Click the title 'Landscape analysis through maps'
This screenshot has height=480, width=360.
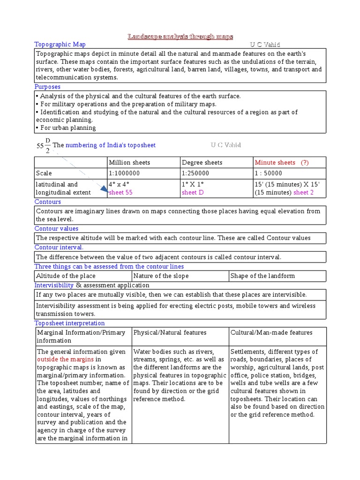click(x=180, y=37)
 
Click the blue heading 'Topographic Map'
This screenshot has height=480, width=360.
click(x=60, y=45)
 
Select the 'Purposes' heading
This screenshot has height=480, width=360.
click(x=47, y=87)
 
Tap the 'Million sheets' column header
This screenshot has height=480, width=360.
click(x=129, y=163)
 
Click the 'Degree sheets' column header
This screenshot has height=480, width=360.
click(x=202, y=163)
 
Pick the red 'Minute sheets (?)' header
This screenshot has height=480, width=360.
click(x=282, y=163)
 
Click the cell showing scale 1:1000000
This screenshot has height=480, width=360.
click(x=124, y=173)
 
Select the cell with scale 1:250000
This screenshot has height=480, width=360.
click(x=196, y=173)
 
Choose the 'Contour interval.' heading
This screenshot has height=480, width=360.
click(x=59, y=247)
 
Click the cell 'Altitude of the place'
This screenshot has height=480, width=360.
click(x=66, y=276)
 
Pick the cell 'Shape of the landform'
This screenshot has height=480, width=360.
click(x=262, y=276)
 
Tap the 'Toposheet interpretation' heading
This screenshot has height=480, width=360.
click(x=70, y=323)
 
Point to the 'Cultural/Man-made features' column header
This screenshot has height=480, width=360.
click(x=271, y=333)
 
